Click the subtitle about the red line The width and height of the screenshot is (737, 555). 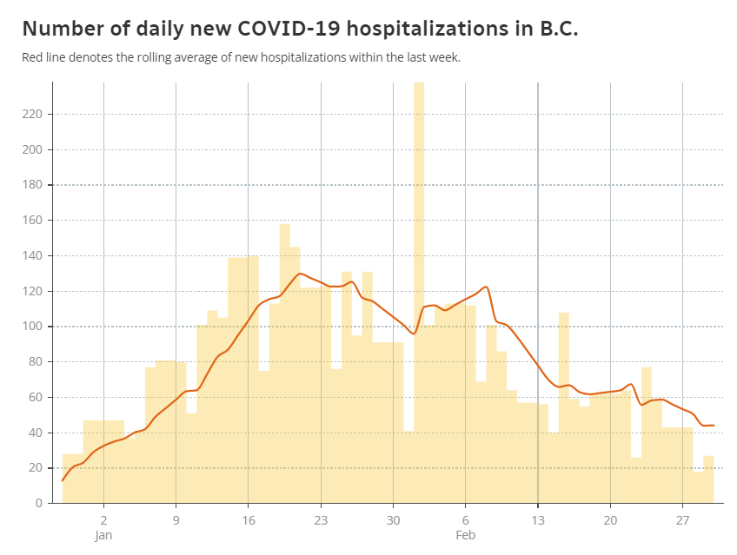click(x=241, y=57)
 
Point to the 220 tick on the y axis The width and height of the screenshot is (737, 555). click(x=32, y=114)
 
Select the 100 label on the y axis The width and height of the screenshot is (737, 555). click(x=32, y=327)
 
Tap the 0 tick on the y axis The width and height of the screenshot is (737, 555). click(x=38, y=504)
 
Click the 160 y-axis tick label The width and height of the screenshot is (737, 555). click(x=32, y=221)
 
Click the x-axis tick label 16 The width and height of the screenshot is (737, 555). click(x=249, y=520)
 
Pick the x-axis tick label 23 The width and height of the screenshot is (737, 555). click(x=321, y=520)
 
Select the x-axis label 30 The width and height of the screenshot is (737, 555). click(x=394, y=520)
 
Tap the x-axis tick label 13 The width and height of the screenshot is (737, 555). click(x=538, y=520)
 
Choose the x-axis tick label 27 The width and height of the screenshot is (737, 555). click(x=682, y=520)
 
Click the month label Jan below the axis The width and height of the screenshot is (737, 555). click(x=103, y=535)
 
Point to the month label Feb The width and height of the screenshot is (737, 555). click(x=465, y=535)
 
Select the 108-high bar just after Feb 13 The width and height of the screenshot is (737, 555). click(x=563, y=407)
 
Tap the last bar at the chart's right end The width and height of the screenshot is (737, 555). click(x=708, y=479)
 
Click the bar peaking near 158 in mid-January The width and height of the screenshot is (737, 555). click(x=284, y=363)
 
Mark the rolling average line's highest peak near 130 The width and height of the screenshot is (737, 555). click(x=300, y=274)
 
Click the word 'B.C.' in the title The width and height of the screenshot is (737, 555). click(x=559, y=29)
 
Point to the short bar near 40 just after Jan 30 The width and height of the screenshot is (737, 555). click(x=408, y=466)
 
